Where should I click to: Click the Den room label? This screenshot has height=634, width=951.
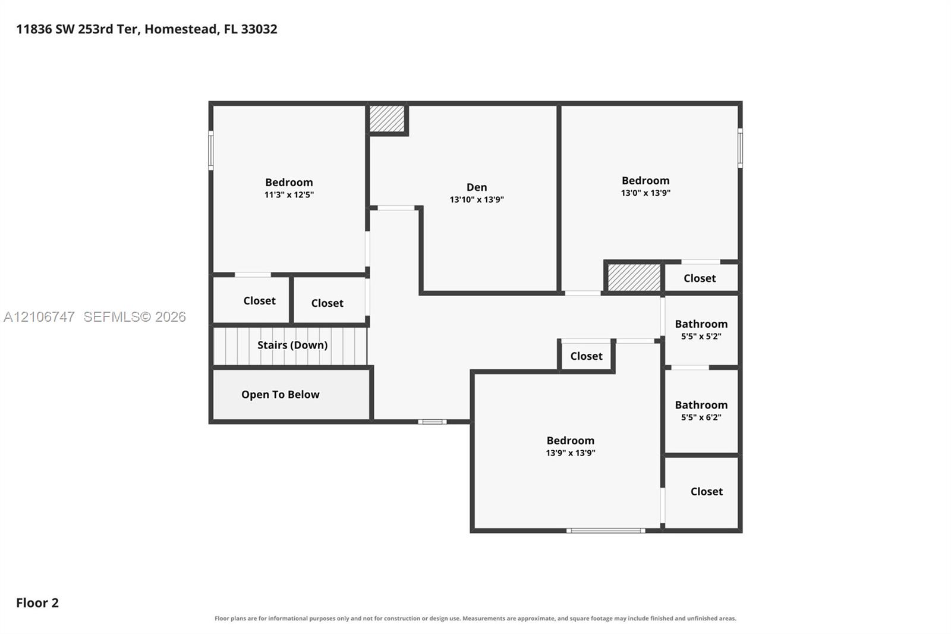476,187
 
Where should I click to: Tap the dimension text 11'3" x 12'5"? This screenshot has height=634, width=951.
289,195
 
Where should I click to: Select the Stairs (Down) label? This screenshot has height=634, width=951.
292,345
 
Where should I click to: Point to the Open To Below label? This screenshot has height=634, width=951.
280,395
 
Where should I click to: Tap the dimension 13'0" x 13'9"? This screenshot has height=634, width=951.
645,193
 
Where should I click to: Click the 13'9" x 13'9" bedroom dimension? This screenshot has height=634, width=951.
570,453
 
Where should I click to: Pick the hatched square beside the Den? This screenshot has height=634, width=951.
386,119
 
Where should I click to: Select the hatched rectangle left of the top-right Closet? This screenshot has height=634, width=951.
634,278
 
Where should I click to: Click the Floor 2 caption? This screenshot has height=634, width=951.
37,603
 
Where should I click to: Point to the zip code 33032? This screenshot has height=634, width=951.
259,29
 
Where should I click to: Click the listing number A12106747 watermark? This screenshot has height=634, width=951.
39,316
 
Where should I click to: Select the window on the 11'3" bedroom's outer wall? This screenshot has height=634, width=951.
211,150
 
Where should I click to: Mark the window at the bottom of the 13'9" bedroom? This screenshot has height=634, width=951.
606,531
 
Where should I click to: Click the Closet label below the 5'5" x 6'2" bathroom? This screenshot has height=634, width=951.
707,492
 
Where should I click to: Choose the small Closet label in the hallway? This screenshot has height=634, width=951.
586,356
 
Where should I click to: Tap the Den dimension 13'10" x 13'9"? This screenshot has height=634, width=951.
476,200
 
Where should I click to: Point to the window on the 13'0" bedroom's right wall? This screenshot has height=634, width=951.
740,148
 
